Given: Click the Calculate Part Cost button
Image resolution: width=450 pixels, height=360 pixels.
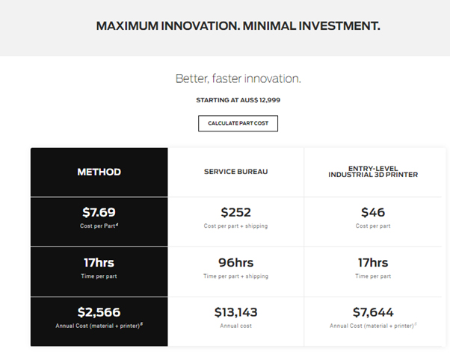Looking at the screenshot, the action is [238, 123].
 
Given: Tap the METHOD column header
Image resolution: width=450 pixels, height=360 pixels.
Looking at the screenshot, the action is [99, 172].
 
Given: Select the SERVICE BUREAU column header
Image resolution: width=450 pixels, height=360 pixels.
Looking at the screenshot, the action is [236, 172].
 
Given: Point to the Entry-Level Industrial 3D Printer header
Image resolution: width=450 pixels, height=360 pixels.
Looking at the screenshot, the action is [373, 172].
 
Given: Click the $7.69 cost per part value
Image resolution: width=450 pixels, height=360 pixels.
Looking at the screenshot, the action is [99, 212].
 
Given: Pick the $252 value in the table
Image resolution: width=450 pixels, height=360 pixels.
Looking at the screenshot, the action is [236, 212].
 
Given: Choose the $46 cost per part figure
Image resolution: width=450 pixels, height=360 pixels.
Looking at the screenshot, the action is [373, 212].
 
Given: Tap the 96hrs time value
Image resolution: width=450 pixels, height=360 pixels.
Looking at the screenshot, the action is [236, 262].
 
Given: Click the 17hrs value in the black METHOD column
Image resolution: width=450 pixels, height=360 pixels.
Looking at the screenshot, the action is [99, 262].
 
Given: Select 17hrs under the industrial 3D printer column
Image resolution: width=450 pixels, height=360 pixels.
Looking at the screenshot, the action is [373, 262].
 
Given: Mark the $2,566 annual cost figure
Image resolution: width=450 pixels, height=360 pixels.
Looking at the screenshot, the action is [99, 312].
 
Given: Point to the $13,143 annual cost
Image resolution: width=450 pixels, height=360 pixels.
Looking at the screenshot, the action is [236, 312].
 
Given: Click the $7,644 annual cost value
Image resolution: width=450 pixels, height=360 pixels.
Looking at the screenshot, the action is [373, 312].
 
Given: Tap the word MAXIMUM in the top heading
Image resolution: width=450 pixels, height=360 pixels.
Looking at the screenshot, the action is [127, 26].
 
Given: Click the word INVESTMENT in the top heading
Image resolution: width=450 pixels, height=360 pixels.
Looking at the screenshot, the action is [339, 26].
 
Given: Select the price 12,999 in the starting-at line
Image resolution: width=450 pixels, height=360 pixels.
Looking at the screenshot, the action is [270, 100].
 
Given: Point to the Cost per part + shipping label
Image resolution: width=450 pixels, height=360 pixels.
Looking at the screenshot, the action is [235, 226].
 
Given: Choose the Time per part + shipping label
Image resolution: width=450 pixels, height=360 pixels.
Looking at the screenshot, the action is [236, 276].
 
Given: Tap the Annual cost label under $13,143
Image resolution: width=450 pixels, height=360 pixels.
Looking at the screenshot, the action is [236, 326].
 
